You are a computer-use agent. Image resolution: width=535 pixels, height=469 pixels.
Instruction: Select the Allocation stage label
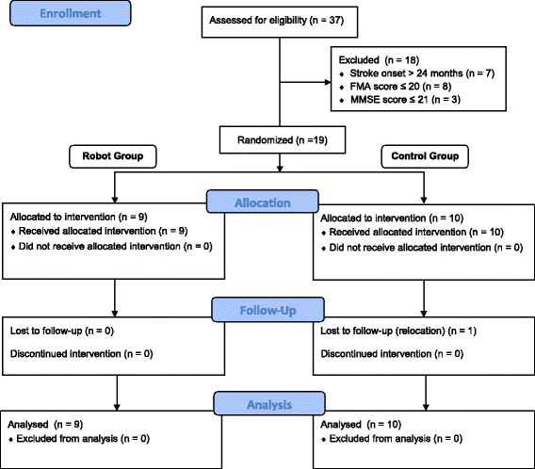[267, 203]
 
